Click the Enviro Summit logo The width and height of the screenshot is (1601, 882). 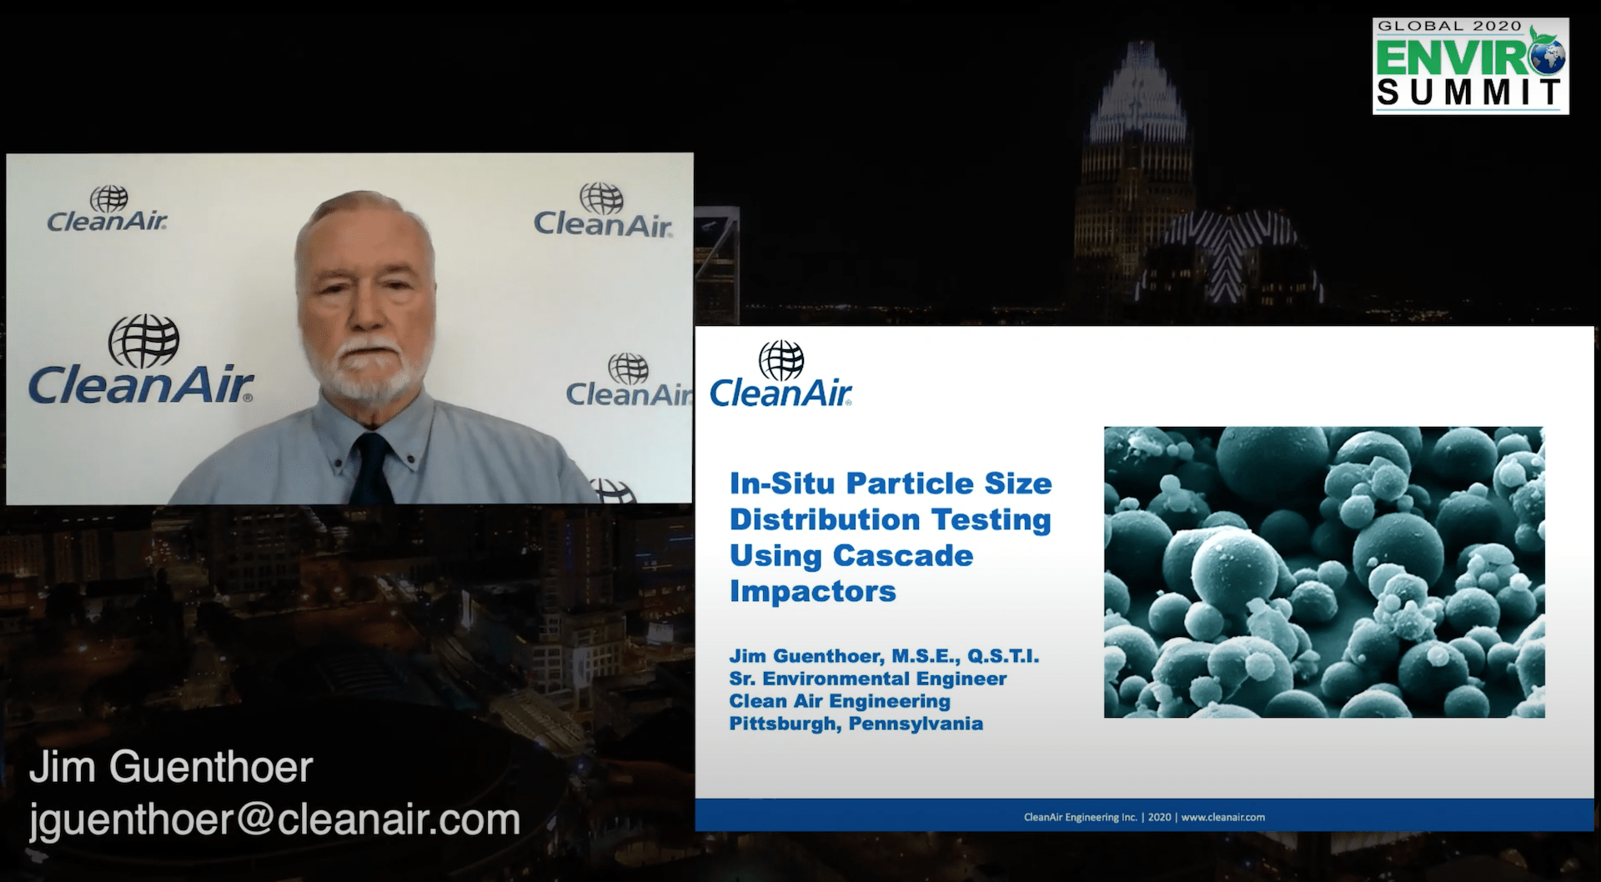(1470, 66)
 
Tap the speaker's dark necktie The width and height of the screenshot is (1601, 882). (371, 469)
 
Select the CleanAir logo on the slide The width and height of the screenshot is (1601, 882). (781, 374)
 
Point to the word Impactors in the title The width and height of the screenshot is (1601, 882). (813, 591)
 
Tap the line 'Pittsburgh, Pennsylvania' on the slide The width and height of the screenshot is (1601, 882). (856, 724)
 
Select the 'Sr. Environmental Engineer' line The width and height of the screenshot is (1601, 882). (868, 679)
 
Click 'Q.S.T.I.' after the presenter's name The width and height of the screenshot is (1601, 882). (1003, 656)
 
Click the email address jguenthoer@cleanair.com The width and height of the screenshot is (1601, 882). (275, 820)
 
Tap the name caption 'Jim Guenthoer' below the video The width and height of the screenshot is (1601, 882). (171, 768)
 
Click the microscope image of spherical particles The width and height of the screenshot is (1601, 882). (1324, 572)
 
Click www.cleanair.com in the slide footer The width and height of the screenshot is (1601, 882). (1223, 817)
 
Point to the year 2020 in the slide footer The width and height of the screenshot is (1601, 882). (1160, 817)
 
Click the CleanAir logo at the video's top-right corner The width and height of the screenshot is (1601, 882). (602, 210)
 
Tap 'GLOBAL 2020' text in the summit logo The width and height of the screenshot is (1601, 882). (1450, 27)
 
